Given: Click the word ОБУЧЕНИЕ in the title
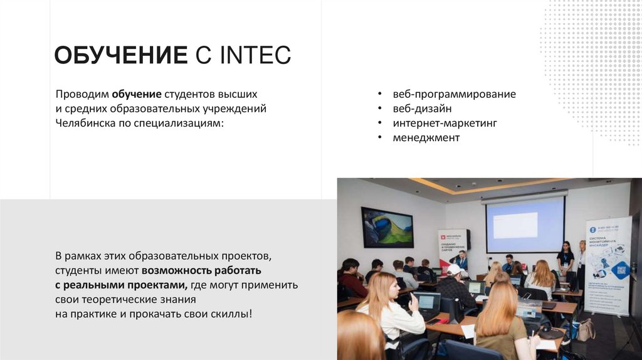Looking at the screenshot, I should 120,55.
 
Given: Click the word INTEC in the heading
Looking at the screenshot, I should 255,55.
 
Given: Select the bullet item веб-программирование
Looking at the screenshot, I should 454,94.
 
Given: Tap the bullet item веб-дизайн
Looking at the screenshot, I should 422,109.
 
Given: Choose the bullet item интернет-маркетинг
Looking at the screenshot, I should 445,123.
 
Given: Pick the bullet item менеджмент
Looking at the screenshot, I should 426,137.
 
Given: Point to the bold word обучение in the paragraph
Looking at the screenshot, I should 137,94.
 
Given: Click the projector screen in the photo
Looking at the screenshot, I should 525,225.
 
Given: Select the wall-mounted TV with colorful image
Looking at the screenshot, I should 387,227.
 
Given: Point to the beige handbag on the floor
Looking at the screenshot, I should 586,330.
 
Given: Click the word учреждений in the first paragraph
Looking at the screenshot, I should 236,109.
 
